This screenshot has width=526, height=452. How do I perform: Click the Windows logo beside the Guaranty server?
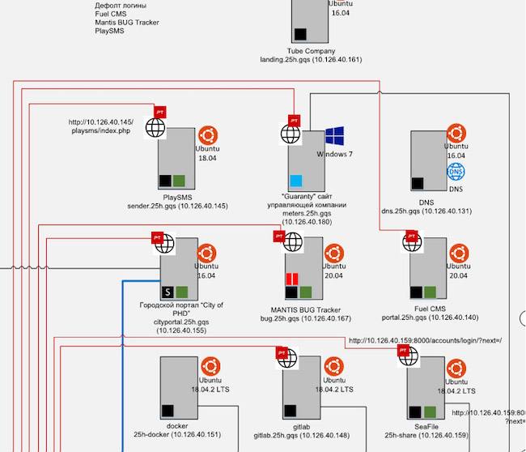pyautogui.click(x=335, y=137)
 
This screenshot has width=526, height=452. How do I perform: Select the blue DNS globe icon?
pyautogui.click(x=456, y=172)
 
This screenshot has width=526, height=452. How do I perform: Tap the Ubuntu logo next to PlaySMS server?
pyautogui.click(x=207, y=135)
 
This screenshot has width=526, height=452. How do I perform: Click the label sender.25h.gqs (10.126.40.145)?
pyautogui.click(x=184, y=206)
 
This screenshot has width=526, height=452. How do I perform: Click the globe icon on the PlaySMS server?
pyautogui.click(x=155, y=126)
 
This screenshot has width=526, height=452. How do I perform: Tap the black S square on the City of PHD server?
pyautogui.click(x=168, y=292)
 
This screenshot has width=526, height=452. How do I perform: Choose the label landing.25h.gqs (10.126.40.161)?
pyautogui.click(x=311, y=60)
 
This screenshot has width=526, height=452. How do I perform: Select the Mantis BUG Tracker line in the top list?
pyautogui.click(x=126, y=23)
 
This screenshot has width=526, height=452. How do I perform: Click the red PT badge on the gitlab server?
pyautogui.click(x=282, y=353)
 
